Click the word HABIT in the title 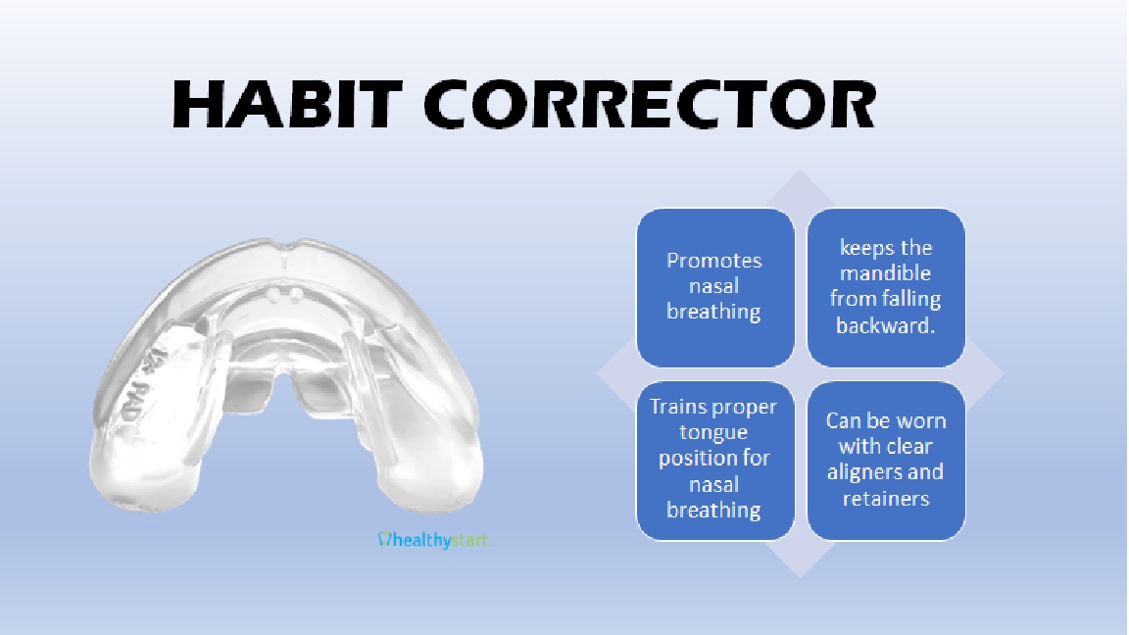pyautogui.click(x=286, y=104)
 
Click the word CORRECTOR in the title pyautogui.click(x=650, y=104)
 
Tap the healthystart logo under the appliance pyautogui.click(x=434, y=540)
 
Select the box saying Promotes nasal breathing pyautogui.click(x=715, y=287)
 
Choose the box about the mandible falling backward pyautogui.click(x=886, y=287)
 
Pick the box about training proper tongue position pyautogui.click(x=715, y=461)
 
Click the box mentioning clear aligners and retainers pyautogui.click(x=886, y=461)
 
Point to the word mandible pyautogui.click(x=886, y=273)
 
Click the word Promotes pyautogui.click(x=713, y=261)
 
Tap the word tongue pyautogui.click(x=713, y=433)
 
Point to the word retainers pyautogui.click(x=886, y=498)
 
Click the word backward pyautogui.click(x=886, y=325)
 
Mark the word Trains pyautogui.click(x=677, y=407)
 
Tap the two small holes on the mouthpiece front pyautogui.click(x=284, y=294)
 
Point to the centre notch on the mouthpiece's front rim pyautogui.click(x=285, y=256)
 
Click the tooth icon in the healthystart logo pyautogui.click(x=384, y=539)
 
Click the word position pyautogui.click(x=713, y=459)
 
